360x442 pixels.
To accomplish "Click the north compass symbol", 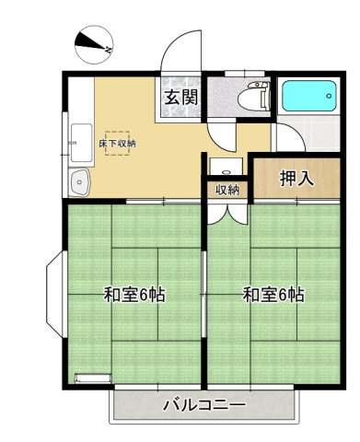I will (x=90, y=41).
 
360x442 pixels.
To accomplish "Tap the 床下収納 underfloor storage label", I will (x=117, y=145).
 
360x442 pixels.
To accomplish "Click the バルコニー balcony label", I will (x=203, y=404).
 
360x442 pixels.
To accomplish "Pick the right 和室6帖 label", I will (x=273, y=296).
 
